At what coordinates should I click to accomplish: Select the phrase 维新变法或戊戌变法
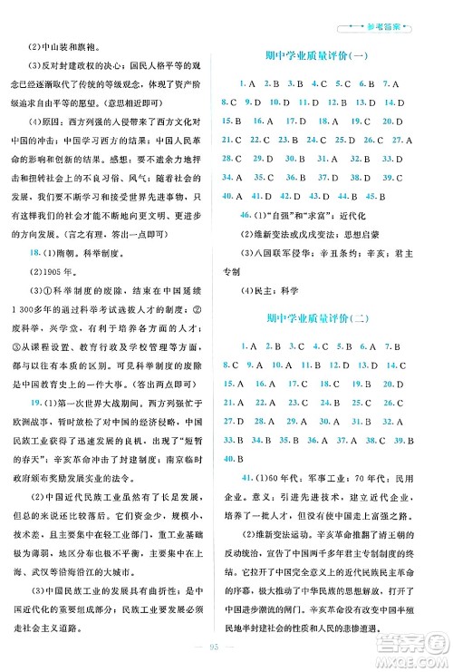tap(304, 237)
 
